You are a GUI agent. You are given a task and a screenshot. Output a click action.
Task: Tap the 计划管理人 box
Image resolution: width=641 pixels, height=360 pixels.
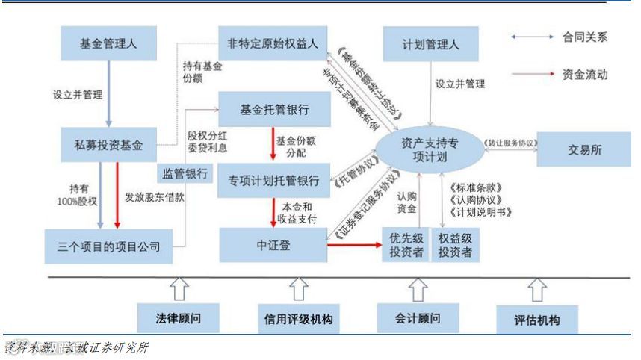[x=430, y=45]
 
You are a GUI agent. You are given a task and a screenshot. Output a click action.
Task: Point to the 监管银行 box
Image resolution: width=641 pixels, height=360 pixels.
[x=184, y=173]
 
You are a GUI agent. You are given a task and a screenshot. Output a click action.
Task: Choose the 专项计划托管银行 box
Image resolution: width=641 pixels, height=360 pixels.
[x=274, y=181]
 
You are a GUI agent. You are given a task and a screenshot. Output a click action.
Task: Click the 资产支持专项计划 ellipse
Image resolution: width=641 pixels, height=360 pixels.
[x=429, y=149]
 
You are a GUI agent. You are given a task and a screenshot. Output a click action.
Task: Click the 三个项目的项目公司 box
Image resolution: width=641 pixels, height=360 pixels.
[x=109, y=246]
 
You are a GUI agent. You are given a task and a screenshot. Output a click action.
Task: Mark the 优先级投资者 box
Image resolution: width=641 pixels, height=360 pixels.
[x=404, y=244]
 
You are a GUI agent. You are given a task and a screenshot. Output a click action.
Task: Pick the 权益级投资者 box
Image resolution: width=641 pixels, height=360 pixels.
[x=455, y=244]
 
